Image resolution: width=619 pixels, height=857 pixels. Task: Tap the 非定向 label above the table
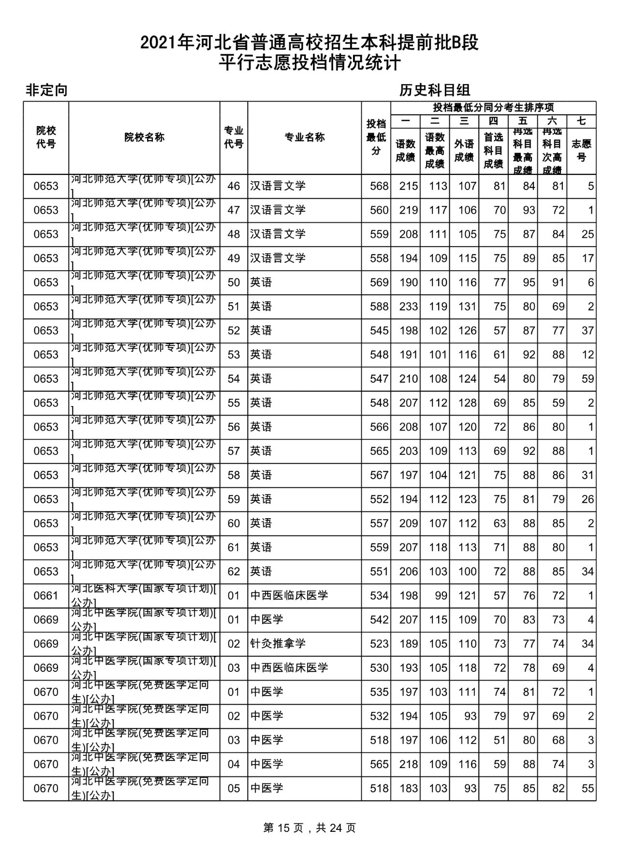(x=46, y=90)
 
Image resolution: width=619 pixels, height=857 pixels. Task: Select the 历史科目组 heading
(x=435, y=90)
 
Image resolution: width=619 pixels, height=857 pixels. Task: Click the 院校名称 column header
(x=144, y=137)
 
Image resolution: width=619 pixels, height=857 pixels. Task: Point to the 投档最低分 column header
(x=376, y=137)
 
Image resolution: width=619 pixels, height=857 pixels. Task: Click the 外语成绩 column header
(x=464, y=150)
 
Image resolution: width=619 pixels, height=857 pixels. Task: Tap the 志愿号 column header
(x=581, y=150)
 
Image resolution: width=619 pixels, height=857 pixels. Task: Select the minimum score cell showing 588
(x=379, y=306)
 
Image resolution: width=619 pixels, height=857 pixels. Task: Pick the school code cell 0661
(x=46, y=596)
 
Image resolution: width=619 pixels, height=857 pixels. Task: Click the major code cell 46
(x=234, y=186)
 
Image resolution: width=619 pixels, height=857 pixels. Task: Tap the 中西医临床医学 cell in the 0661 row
(x=289, y=596)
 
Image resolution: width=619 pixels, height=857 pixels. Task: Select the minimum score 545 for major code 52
(x=379, y=331)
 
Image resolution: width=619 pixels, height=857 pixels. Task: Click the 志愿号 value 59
(x=588, y=379)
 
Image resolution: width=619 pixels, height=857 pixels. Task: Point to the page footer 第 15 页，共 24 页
(x=309, y=828)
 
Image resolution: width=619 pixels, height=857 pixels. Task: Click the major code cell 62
(x=234, y=571)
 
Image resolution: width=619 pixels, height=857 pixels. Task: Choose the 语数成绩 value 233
(x=409, y=306)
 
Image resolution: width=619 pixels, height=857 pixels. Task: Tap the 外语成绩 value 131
(x=467, y=306)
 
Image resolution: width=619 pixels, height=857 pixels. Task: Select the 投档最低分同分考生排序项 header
(x=493, y=107)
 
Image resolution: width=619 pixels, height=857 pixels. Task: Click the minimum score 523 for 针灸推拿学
(x=379, y=644)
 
